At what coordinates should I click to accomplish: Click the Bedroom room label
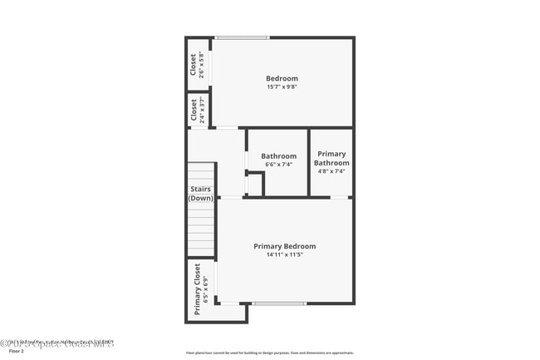pyautogui.click(x=282, y=78)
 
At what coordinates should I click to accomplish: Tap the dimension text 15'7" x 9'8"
pyautogui.click(x=282, y=87)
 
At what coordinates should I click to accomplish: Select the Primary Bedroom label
pyautogui.click(x=285, y=246)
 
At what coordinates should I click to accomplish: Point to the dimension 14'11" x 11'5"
pyautogui.click(x=285, y=255)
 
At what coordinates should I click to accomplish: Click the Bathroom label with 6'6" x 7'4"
pyautogui.click(x=278, y=155)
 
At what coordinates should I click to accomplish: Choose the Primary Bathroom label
pyautogui.click(x=331, y=158)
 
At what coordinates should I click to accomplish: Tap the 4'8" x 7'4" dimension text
pyautogui.click(x=331, y=172)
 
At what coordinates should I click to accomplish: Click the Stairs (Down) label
pyautogui.click(x=201, y=194)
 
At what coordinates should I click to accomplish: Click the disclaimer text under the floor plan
pyautogui.click(x=270, y=353)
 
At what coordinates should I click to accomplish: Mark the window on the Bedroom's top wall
pyautogui.click(x=242, y=37)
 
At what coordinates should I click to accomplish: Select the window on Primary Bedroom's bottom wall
pyautogui.click(x=278, y=303)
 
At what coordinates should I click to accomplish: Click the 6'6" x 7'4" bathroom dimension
pyautogui.click(x=278, y=165)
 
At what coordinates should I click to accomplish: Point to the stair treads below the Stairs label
pyautogui.click(x=201, y=229)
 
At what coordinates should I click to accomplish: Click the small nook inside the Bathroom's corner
pyautogui.click(x=254, y=185)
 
